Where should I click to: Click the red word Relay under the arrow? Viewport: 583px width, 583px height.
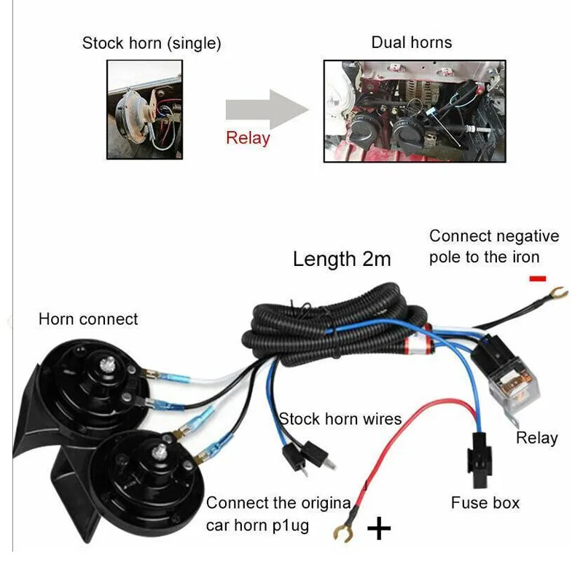248,138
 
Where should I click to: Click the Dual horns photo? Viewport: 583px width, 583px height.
413,110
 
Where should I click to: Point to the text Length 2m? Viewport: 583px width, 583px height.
342,259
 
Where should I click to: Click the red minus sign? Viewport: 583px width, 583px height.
538,278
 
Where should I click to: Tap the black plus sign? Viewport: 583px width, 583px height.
379,528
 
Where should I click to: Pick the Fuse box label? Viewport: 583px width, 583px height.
485,503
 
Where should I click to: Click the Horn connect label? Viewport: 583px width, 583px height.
88,319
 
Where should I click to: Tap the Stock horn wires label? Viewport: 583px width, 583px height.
340,419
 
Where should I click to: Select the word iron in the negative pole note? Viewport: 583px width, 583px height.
525,257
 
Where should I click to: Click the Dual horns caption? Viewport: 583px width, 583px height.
412,42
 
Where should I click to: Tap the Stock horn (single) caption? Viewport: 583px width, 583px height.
152,43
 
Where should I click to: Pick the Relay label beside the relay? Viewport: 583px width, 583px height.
537,438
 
